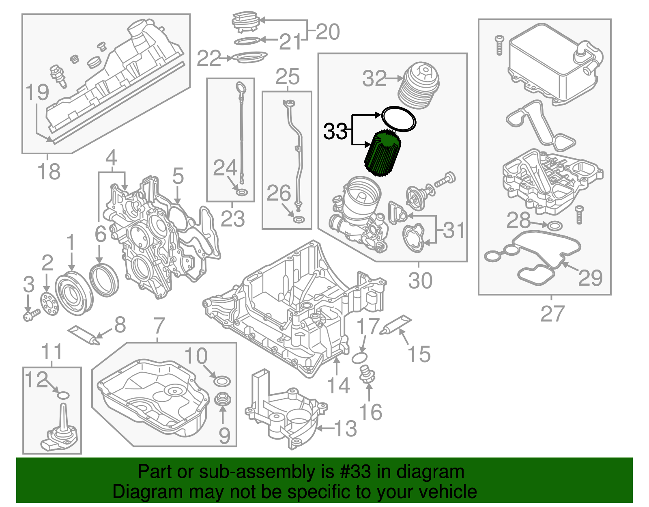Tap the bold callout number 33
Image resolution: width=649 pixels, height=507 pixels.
[335, 132]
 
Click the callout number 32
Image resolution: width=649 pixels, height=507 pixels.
[374, 78]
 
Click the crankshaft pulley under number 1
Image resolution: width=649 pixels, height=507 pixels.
[73, 294]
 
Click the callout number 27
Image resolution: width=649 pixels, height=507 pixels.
[552, 314]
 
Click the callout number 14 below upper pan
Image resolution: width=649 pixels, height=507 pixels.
[338, 385]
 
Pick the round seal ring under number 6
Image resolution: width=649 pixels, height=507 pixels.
[104, 279]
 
